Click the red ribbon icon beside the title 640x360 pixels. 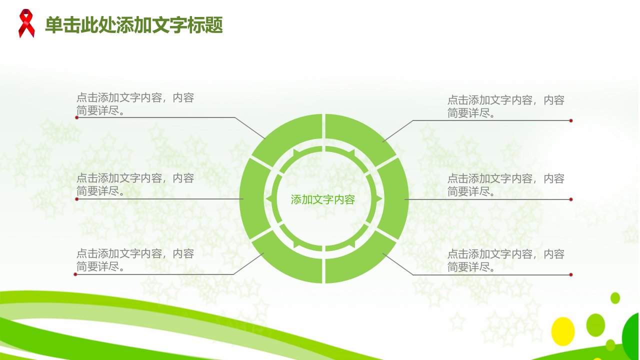26,23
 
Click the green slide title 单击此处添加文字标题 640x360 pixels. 134,25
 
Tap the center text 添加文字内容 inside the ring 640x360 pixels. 323,199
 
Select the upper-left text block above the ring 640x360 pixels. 135,103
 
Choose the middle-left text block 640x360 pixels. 135,184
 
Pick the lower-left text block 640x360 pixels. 135,259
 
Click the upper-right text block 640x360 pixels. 505,106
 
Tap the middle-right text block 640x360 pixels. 505,185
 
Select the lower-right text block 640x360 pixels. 505,260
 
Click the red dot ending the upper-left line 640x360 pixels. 76,117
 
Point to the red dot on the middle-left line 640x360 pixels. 76,199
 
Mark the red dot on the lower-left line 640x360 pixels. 75,274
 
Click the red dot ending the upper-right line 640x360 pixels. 571,120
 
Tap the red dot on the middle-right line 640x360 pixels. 571,199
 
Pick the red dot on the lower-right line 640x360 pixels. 571,275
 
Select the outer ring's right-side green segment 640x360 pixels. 395,199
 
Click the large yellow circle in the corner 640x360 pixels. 563,331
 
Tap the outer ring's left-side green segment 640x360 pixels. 252,199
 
